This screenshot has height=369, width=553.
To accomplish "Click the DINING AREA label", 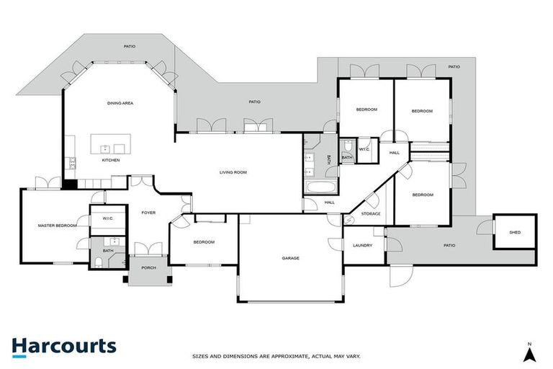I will (x=120, y=103).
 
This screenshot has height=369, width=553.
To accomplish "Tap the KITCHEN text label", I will (x=110, y=160).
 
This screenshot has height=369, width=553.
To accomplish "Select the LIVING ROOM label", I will (x=233, y=172).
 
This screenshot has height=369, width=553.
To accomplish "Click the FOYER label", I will (x=148, y=213).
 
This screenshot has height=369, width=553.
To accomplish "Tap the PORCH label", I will (x=148, y=268).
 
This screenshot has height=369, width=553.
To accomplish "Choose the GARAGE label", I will (x=290, y=258).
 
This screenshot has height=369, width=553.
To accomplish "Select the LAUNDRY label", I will (x=362, y=246).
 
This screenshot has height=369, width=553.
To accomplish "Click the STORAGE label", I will (x=371, y=213).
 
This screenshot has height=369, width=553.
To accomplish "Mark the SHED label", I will (x=514, y=232).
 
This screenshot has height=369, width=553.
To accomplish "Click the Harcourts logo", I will (x=63, y=346).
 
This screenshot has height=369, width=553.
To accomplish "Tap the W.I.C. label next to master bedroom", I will (x=109, y=218).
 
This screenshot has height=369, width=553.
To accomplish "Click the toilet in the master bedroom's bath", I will (x=98, y=260).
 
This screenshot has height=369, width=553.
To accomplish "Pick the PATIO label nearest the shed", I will (x=449, y=246).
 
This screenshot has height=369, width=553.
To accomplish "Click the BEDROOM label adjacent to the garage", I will (x=204, y=241).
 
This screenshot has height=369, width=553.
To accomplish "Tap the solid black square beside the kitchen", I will (x=69, y=184).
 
